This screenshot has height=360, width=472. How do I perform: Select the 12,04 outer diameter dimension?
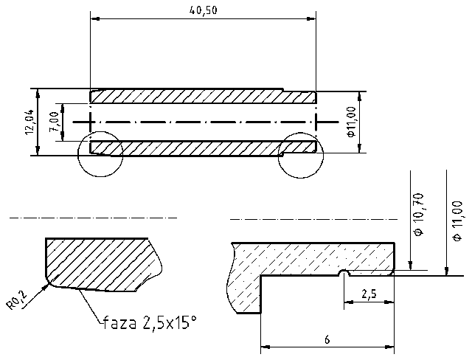28,122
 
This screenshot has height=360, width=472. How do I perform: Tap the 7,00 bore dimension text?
54,120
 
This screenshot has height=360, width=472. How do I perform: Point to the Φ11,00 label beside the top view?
351,122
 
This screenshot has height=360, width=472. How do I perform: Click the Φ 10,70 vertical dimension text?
418,214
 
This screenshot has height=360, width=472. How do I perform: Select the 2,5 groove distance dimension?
368,294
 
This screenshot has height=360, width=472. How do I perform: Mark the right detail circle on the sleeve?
301,156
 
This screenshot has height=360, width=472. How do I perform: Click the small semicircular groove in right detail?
343,274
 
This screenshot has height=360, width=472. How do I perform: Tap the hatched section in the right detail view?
310,258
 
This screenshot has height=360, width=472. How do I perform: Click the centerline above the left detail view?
92,218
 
